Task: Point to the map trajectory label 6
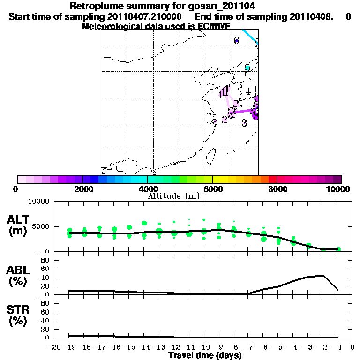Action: click(x=236, y=40)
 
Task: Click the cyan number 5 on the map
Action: click(x=247, y=67)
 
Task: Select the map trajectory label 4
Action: click(x=248, y=92)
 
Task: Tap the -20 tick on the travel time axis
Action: click(x=54, y=347)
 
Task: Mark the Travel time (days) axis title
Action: click(x=205, y=356)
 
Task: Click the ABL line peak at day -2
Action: click(x=323, y=276)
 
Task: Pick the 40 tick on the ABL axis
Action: click(x=46, y=277)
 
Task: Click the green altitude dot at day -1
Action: click(x=338, y=249)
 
